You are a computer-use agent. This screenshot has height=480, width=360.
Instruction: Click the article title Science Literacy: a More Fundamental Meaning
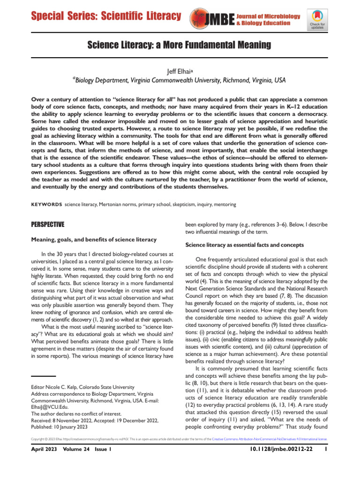[180, 45]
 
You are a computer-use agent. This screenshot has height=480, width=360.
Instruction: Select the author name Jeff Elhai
[180, 71]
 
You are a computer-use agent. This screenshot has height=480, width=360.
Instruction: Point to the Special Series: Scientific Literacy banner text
[106, 16]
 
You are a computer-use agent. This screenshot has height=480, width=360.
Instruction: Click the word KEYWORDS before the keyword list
[46, 205]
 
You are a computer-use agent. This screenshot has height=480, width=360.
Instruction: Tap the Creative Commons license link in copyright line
[270, 439]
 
